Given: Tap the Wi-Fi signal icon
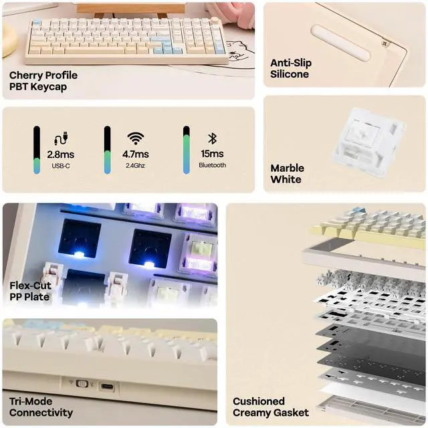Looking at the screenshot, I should [x=136, y=138].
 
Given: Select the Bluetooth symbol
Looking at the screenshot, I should [x=212, y=138].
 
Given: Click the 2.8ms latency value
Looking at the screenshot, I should [x=60, y=154].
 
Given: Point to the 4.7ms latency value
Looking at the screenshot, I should [x=136, y=154].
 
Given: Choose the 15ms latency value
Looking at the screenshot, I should [x=212, y=154].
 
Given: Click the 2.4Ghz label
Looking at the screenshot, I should [x=136, y=165].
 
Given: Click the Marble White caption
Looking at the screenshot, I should [x=288, y=174].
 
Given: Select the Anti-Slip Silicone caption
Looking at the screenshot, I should [x=290, y=68].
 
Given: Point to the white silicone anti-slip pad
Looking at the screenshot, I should [x=340, y=43].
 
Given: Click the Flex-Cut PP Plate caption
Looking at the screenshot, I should [x=30, y=291].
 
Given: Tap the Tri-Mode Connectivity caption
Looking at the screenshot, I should [x=41, y=407].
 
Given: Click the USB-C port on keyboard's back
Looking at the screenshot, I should [x=106, y=386].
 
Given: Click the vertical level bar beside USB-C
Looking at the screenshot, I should [x=37, y=150].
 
